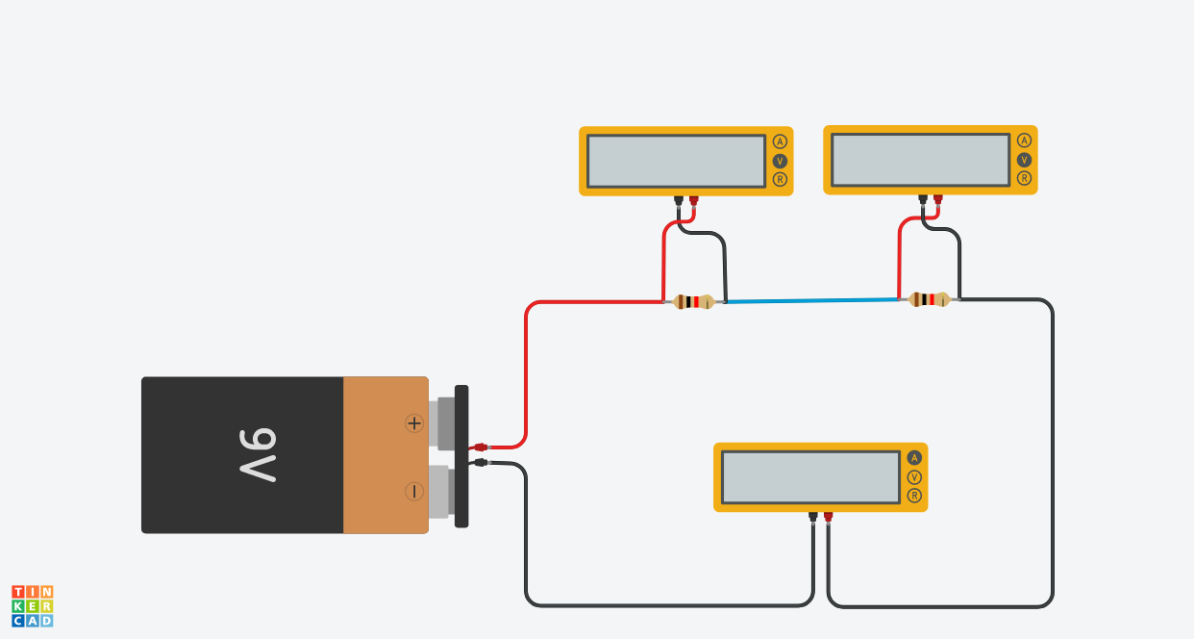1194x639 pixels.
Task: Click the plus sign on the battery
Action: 414,423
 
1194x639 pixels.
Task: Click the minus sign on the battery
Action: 414,491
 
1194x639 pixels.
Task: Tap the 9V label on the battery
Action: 258,455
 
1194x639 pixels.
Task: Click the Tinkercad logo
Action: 33,606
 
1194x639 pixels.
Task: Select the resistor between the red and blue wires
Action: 693,302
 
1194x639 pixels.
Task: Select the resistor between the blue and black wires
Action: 929,299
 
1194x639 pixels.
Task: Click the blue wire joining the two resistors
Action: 811,301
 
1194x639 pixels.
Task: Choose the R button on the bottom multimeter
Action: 914,496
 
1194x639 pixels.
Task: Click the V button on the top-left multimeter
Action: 780,161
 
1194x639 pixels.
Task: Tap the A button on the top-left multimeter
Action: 780,141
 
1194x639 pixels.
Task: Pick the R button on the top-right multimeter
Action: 1024,178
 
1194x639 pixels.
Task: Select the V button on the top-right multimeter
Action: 1024,160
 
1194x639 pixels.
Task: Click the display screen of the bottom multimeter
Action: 810,477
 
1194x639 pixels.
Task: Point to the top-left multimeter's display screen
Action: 677,161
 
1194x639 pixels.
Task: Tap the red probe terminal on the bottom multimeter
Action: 828,517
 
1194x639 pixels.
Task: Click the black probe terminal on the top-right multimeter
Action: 923,199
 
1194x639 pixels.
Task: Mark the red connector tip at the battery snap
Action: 481,447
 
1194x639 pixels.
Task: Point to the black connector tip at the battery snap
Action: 481,463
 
